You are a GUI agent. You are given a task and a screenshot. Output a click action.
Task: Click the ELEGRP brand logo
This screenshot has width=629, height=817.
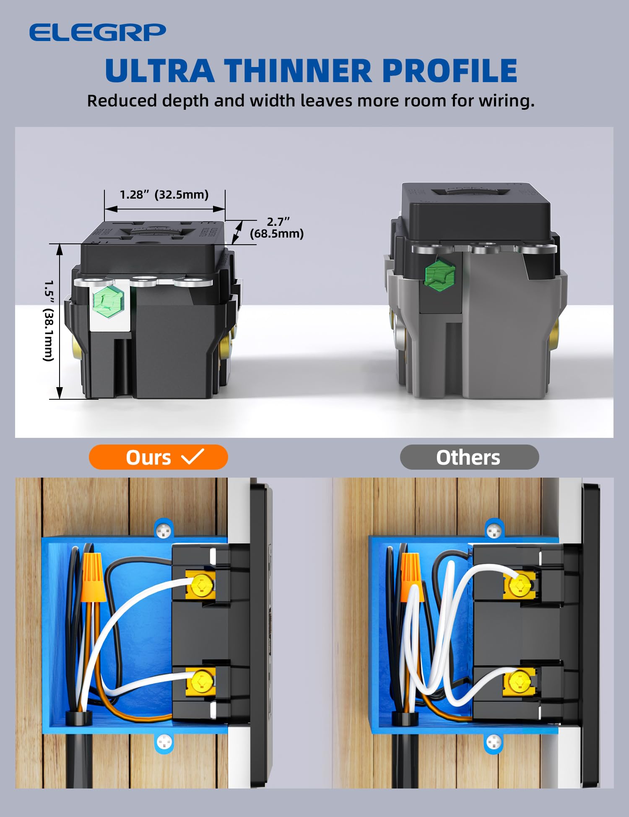click(x=97, y=32)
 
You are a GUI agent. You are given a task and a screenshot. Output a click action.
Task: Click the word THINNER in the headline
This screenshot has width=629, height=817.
click(x=298, y=70)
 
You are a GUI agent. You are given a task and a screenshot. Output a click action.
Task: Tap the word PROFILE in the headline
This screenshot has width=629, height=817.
click(x=450, y=70)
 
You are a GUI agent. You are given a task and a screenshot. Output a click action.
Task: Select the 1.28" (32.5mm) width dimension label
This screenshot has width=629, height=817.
click(x=164, y=194)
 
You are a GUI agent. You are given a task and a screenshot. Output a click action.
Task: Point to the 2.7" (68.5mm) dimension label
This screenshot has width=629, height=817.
click(x=277, y=228)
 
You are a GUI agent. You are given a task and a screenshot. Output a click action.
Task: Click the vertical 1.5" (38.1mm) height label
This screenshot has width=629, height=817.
click(x=49, y=321)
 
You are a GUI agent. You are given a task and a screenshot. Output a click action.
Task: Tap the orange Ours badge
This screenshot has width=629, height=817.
click(x=158, y=457)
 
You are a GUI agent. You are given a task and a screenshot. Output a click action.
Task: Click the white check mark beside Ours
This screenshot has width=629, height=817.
click(x=192, y=456)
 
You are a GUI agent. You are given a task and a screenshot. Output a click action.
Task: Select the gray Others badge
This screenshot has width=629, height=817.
click(x=469, y=457)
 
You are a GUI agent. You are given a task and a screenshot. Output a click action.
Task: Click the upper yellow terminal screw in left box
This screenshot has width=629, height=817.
click(x=202, y=583)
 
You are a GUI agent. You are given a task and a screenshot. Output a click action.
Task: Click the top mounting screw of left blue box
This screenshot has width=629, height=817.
click(x=164, y=531)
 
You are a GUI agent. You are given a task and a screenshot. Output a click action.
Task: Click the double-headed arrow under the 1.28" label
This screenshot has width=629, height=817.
click(x=164, y=209)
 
